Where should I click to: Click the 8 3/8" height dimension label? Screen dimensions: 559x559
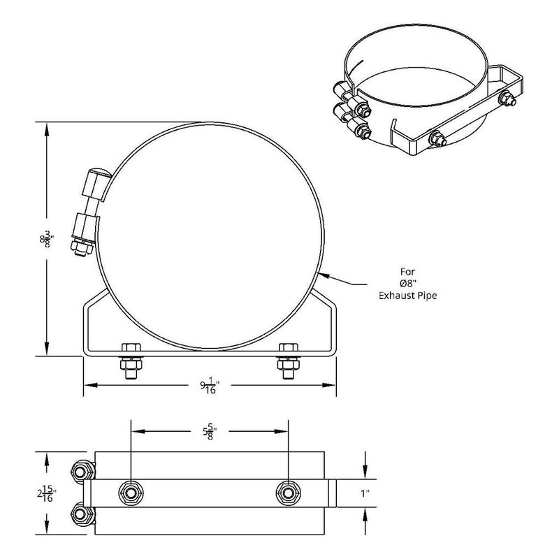point(46,240)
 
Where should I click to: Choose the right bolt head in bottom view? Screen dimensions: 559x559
point(286,492)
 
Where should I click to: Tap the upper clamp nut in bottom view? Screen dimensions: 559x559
point(82,469)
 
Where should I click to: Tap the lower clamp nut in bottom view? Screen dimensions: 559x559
point(82,516)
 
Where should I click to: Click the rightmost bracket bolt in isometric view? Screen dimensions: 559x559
point(507,99)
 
